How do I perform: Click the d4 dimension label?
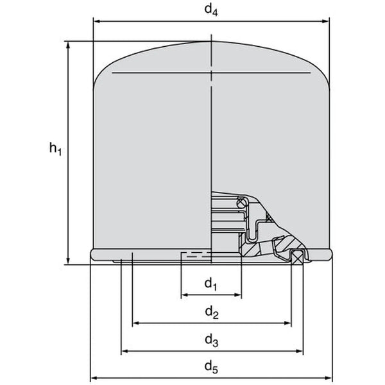point(210,10)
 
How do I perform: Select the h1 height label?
point(55,150)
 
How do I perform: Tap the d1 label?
point(210,282)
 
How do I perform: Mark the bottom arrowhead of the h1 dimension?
point(68,260)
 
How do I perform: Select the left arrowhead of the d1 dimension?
point(184,295)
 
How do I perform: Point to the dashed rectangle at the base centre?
point(194,257)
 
